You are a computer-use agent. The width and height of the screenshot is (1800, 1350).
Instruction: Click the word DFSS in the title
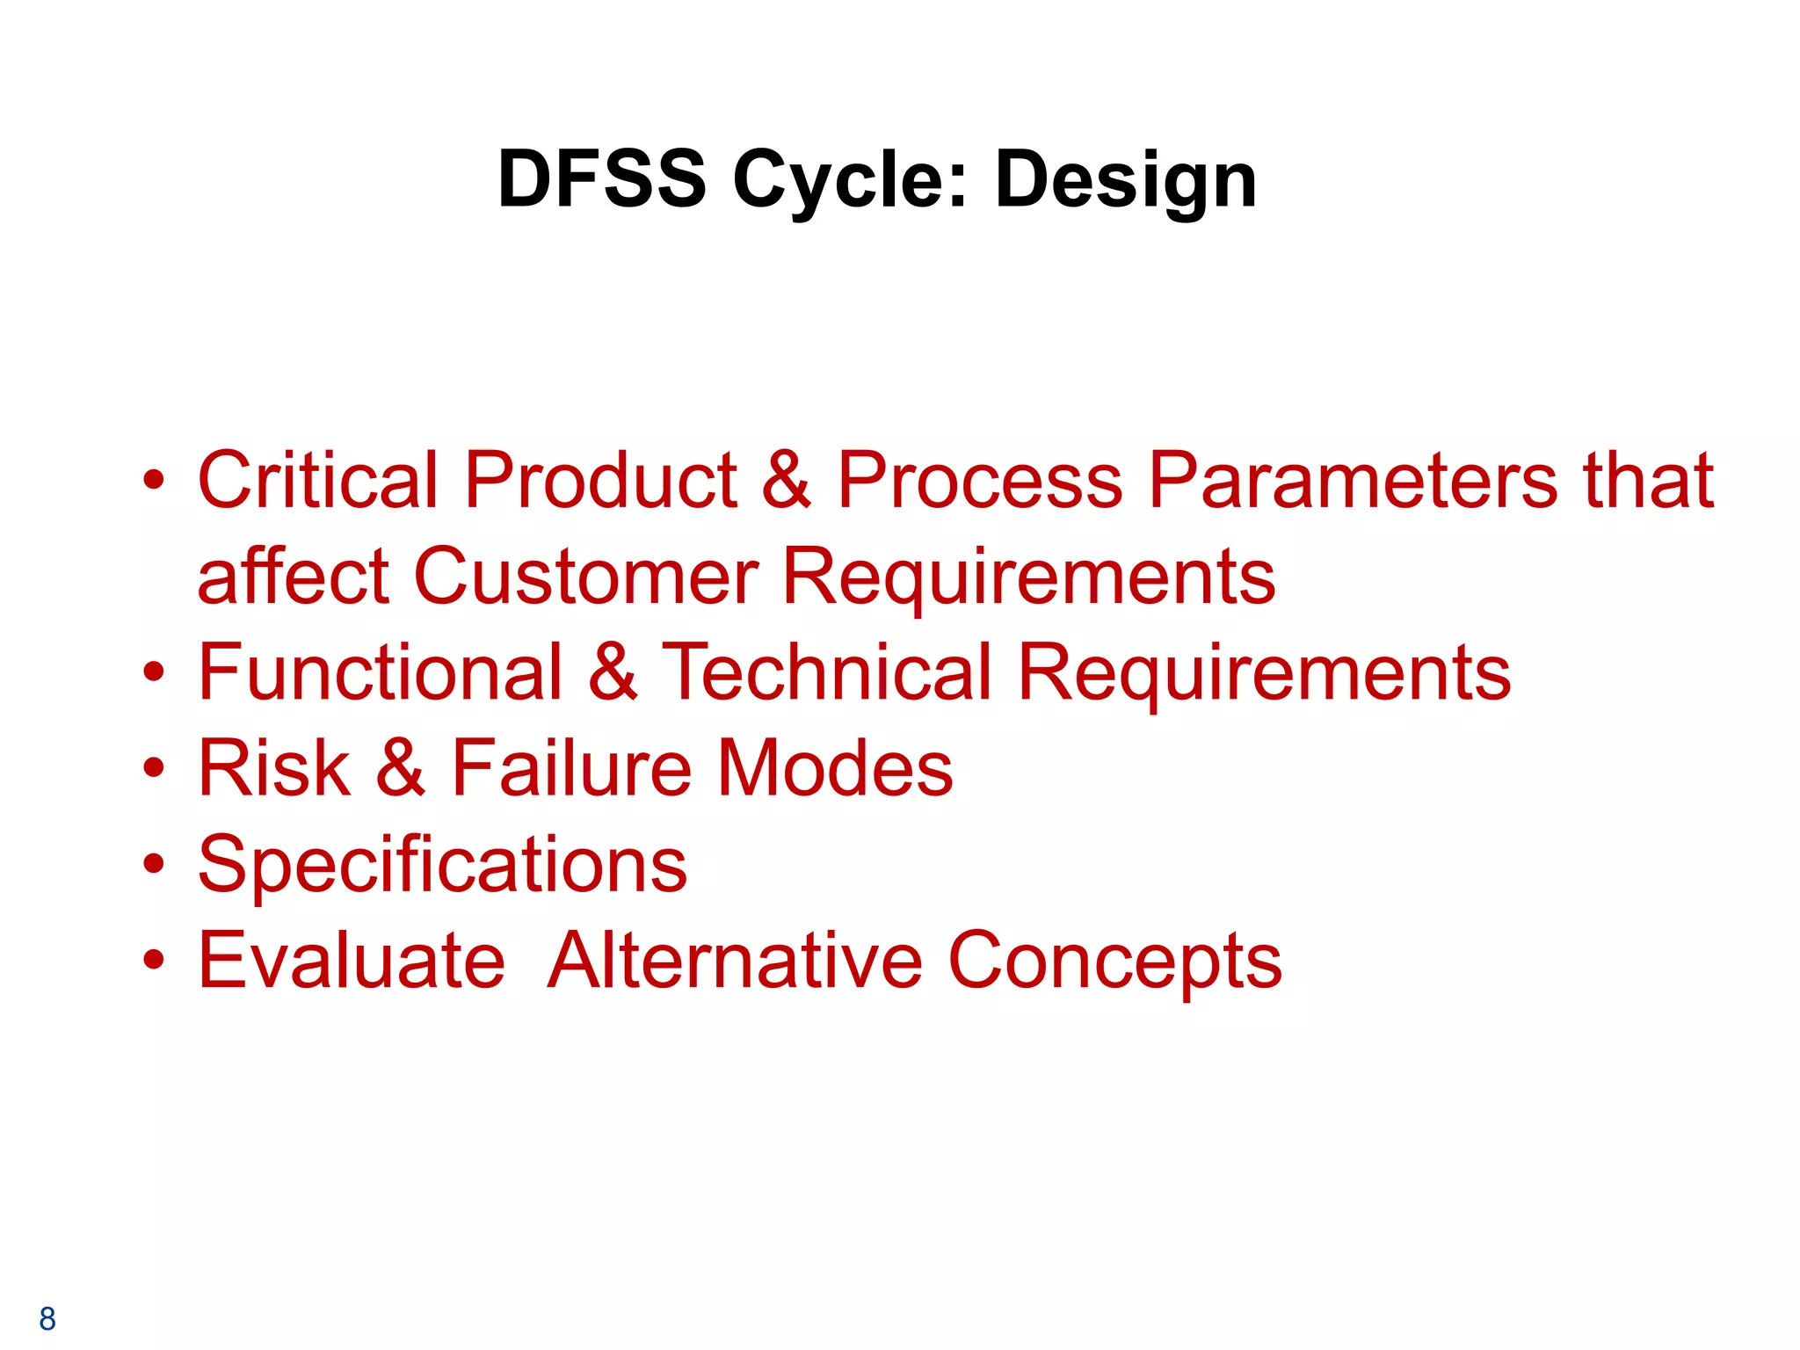(601, 179)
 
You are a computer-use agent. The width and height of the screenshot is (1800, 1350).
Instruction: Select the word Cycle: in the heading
(849, 181)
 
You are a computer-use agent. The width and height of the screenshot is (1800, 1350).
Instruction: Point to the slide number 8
(47, 1318)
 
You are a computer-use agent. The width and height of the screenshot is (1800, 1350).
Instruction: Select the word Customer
(585, 577)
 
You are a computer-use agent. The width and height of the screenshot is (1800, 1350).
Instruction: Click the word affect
(293, 577)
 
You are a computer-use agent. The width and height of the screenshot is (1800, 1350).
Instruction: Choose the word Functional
(380, 672)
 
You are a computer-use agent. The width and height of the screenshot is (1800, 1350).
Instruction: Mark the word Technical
(826, 672)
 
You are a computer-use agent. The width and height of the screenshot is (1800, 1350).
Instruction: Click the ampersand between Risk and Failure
(401, 768)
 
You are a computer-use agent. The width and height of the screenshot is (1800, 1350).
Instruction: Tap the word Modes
(835, 768)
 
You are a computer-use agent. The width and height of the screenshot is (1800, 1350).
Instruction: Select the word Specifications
(442, 865)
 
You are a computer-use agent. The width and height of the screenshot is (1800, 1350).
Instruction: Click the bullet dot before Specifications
(154, 864)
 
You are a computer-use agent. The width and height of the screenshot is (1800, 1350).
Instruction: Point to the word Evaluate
(352, 961)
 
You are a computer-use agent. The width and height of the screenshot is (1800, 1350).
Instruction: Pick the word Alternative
(735, 961)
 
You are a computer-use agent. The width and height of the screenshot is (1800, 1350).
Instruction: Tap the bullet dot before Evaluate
(154, 960)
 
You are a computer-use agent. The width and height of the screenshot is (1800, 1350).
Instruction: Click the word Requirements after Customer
(1027, 577)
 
